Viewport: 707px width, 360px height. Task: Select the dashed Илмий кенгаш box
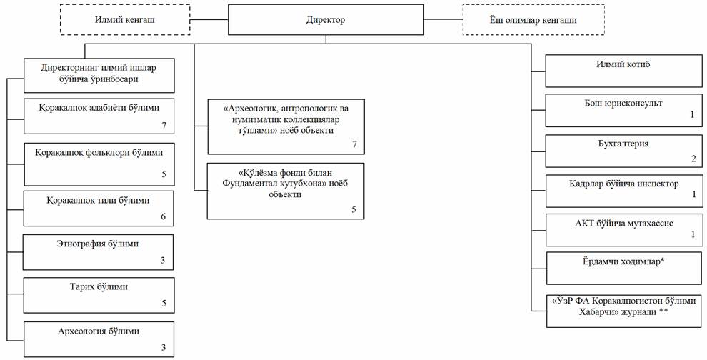125,20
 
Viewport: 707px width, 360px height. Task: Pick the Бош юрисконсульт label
623,104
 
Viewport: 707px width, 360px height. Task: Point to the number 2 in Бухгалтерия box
692,159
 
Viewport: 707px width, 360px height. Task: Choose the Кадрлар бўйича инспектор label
623,183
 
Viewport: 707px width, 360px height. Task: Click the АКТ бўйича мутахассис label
623,222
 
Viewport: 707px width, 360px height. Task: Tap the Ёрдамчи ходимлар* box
623,267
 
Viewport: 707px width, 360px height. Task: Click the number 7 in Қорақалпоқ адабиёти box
163,126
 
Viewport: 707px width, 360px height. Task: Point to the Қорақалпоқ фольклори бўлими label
99,152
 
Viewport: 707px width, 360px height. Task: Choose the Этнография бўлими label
99,244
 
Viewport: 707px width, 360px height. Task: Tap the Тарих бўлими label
99,286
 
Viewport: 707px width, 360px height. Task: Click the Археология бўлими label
99,331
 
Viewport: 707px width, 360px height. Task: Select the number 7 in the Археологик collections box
353,144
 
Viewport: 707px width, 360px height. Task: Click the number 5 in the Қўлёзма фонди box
353,209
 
